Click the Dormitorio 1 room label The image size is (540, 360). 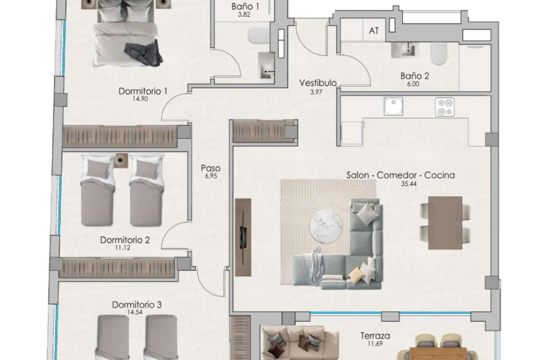(143, 91)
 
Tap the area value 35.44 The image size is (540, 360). (409, 184)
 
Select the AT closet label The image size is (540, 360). (373, 31)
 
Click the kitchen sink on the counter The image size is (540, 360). (393, 106)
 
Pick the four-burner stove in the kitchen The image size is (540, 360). (445, 107)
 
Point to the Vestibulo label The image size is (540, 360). (318, 83)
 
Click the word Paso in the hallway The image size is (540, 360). (210, 168)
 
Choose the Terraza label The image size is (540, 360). (375, 336)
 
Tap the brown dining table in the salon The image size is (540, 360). (445, 223)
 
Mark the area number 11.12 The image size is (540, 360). (123, 248)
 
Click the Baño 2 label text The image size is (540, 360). (415, 76)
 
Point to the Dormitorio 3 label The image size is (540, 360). (137, 305)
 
